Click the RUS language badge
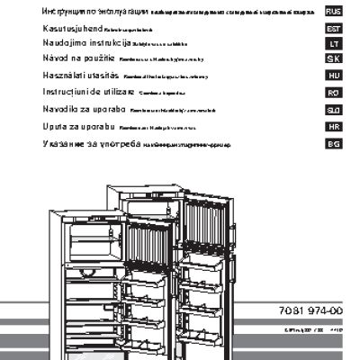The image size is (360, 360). click(333, 11)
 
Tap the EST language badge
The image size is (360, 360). click(333, 29)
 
